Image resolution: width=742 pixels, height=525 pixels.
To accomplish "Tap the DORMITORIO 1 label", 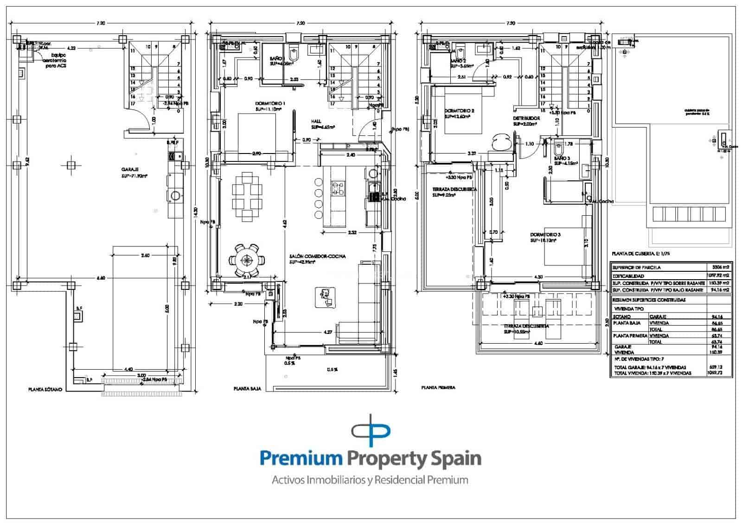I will coord(270,103).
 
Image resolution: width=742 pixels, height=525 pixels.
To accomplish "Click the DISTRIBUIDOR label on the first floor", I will coord(526,118).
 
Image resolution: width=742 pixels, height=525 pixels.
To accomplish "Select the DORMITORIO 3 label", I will coord(545,235).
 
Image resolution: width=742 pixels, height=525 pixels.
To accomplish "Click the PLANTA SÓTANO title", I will coord(45,390).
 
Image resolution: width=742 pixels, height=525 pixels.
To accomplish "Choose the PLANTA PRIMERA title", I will coord(438,387).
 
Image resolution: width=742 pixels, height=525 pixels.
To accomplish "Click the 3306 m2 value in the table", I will coord(720,267).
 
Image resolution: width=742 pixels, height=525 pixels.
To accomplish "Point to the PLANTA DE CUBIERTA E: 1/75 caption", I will coord(641,254).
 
